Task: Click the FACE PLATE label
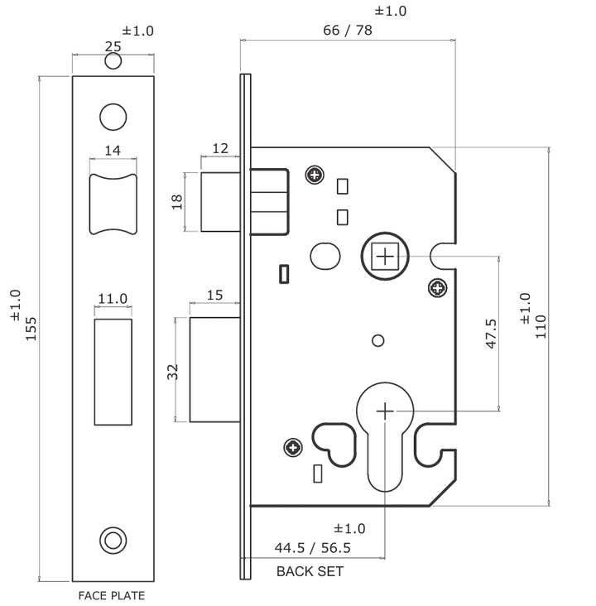point(112,595)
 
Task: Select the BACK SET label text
point(310,571)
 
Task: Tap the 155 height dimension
point(31,327)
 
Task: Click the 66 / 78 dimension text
point(348,31)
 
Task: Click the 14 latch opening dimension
point(113,150)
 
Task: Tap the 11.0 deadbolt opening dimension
point(113,299)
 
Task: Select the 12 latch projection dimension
point(220,148)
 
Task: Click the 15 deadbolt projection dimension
point(215,295)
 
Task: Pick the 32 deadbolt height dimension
point(174,371)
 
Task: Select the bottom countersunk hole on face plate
point(113,540)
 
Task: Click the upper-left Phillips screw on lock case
point(314,176)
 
